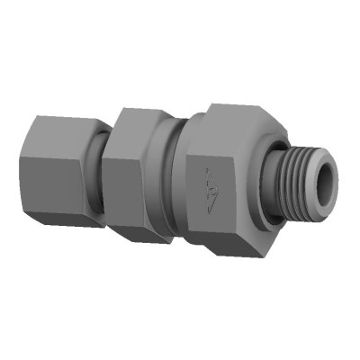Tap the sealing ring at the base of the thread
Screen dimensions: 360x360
tap(270, 184)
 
